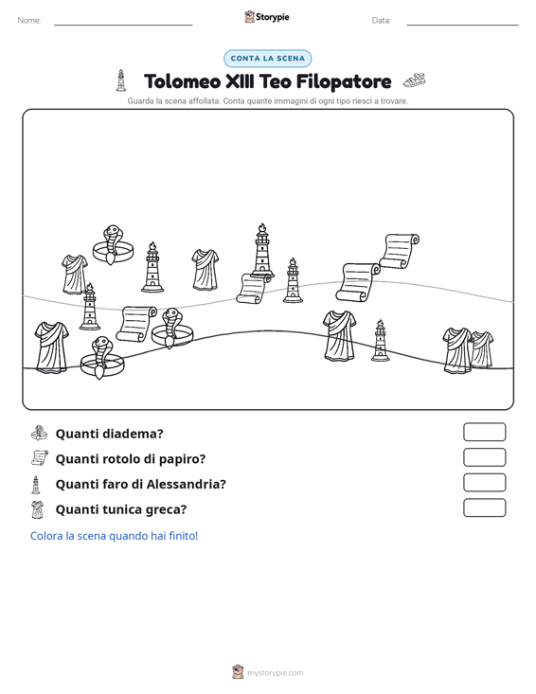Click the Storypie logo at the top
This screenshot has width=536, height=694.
(x=267, y=17)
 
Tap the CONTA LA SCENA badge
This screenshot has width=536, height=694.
(x=268, y=59)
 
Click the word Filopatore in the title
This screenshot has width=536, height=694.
(x=344, y=81)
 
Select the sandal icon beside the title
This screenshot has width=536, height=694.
(x=414, y=80)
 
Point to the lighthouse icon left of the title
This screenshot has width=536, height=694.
(x=120, y=80)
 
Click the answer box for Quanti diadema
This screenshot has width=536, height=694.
(x=484, y=432)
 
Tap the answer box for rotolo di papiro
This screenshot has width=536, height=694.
(x=484, y=457)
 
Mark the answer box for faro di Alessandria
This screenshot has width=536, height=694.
(x=484, y=483)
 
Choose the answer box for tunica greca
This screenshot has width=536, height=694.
(x=484, y=507)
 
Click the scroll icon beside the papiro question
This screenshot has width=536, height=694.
(x=40, y=457)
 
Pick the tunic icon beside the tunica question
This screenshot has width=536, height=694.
(x=38, y=509)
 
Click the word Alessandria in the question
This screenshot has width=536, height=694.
(x=186, y=484)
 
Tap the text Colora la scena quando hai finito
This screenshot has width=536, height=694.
(x=114, y=536)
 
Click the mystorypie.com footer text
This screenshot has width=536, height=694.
(x=276, y=673)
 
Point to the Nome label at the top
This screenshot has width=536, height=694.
(x=29, y=21)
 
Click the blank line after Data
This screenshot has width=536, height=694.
(x=462, y=25)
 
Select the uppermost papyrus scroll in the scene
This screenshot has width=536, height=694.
(x=400, y=251)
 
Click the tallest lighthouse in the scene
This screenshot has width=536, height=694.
(x=262, y=251)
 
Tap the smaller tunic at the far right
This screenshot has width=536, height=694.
(x=482, y=349)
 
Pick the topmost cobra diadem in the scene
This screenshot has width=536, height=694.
(x=113, y=245)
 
